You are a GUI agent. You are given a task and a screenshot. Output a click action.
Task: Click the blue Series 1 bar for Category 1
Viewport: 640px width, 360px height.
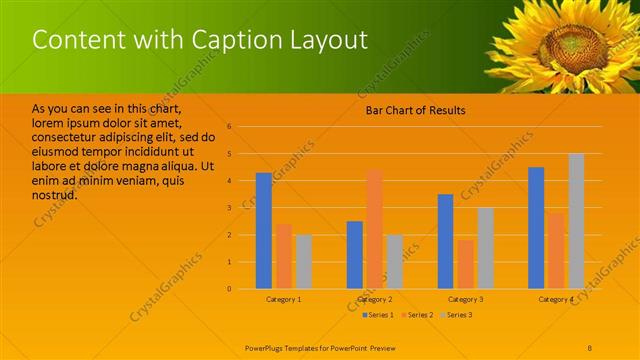click(x=264, y=231)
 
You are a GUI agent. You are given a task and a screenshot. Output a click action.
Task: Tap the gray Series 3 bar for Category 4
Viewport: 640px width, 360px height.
click(x=576, y=221)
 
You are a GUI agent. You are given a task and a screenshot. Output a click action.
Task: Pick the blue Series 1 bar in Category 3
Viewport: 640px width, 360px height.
click(x=445, y=241)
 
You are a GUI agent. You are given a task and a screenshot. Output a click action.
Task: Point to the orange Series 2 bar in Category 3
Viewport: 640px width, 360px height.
click(x=465, y=264)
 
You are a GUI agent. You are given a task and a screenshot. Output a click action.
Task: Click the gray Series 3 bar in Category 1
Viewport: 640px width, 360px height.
click(x=303, y=261)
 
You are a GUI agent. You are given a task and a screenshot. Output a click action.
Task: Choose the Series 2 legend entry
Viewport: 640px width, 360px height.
click(x=417, y=315)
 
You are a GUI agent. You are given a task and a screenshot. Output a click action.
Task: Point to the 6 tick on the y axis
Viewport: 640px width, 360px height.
click(x=230, y=127)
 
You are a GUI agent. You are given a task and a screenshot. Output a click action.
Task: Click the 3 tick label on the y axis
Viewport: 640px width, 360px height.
click(x=230, y=208)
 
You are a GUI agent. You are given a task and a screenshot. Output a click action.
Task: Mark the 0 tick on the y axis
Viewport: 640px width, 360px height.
click(x=230, y=289)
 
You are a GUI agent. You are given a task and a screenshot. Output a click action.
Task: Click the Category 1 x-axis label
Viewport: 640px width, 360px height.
click(x=284, y=299)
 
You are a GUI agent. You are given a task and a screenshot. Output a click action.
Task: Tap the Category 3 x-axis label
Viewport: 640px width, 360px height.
click(x=465, y=299)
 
